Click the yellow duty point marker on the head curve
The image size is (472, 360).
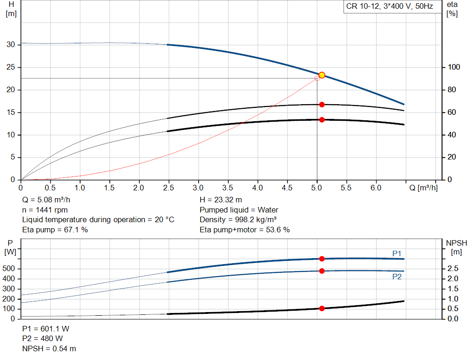click(322, 75)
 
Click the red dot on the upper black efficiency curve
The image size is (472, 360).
click(322, 105)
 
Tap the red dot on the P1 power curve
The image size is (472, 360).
click(322, 259)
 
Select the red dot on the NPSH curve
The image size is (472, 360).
click(322, 308)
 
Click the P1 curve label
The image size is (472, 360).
click(397, 254)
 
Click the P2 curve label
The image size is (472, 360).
click(397, 277)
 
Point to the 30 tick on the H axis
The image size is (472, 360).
click(11, 45)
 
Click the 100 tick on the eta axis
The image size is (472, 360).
click(454, 67)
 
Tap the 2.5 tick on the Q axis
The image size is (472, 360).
click(169, 188)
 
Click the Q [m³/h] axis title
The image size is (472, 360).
click(423, 188)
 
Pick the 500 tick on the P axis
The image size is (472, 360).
click(8, 268)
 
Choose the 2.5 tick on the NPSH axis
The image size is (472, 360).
click(453, 268)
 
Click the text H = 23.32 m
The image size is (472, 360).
click(221, 200)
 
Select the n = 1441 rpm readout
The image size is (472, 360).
click(45, 210)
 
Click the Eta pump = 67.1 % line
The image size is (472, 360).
click(55, 230)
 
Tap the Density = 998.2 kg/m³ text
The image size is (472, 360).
click(238, 220)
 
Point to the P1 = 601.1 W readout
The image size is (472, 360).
click(46, 329)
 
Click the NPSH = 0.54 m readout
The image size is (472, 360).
click(49, 348)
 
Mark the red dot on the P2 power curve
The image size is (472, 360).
click(322, 271)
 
